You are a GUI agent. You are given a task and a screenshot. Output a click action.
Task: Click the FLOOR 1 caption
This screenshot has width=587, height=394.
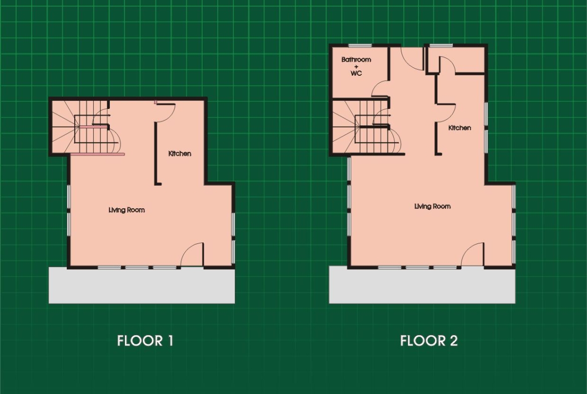tap(145, 341)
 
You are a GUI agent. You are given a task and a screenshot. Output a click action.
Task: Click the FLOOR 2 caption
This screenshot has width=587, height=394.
tap(429, 341)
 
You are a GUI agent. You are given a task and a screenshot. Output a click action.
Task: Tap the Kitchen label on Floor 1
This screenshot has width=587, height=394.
tap(180, 154)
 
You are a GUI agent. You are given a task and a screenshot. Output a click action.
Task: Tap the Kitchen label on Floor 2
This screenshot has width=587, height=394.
tap(460, 127)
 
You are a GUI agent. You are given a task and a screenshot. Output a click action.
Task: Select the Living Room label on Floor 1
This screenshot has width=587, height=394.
tap(126, 210)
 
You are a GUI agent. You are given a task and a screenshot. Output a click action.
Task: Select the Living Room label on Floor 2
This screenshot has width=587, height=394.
tap(432, 206)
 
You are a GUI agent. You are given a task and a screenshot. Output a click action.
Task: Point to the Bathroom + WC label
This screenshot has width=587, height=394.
tap(356, 66)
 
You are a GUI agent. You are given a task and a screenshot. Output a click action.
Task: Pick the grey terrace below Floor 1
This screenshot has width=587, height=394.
tap(142, 286)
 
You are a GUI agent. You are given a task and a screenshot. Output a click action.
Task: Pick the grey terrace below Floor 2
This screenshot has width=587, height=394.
tap(422, 286)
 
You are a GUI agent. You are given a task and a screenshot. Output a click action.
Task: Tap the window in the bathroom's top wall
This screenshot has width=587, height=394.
tap(360, 46)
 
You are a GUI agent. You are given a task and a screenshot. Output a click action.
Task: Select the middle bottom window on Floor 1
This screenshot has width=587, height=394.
tap(136, 268)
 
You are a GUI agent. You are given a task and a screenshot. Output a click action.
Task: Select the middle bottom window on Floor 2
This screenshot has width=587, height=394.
tap(417, 268)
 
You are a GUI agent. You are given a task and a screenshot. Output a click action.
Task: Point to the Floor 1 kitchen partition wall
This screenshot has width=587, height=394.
tap(156, 153)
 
